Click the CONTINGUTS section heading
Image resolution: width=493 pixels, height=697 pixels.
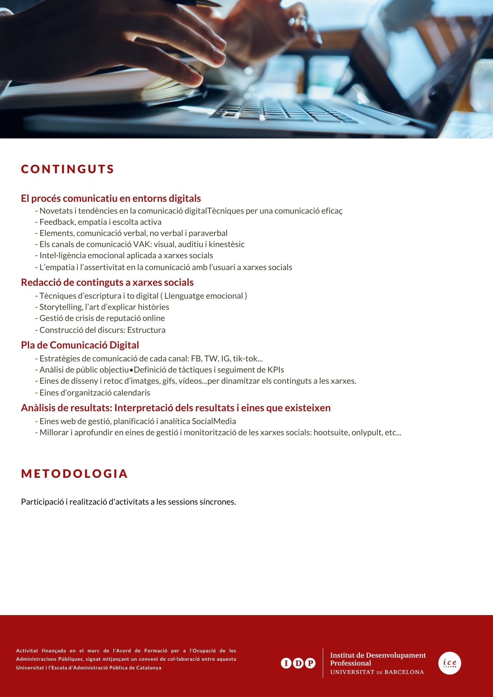point(68,169)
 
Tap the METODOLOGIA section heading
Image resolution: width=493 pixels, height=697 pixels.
point(75,474)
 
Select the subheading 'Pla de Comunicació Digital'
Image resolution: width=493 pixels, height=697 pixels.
point(80,345)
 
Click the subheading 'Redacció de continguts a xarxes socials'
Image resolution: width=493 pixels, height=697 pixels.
point(107,282)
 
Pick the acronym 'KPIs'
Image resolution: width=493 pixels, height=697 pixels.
point(275,370)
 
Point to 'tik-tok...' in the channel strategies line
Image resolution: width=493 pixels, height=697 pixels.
point(248,359)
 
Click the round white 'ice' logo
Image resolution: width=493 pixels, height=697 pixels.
point(449,663)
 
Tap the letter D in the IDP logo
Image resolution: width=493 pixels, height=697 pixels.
point(298,663)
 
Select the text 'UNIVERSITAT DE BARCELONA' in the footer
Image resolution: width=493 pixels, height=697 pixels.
point(377,672)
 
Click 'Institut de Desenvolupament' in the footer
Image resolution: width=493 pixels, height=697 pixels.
point(378,655)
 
